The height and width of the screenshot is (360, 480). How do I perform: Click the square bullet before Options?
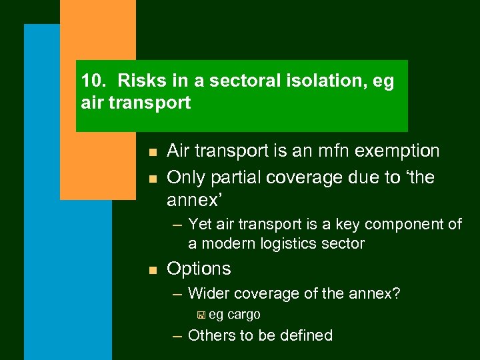pos(153,270)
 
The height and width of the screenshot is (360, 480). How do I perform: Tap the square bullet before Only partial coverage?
pos(153,179)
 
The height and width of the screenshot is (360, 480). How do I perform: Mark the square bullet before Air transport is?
pos(153,153)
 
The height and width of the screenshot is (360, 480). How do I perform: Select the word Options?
pos(199,269)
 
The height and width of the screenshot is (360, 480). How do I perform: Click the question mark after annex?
pos(396,293)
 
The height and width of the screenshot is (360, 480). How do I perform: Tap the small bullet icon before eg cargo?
pos(201,315)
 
